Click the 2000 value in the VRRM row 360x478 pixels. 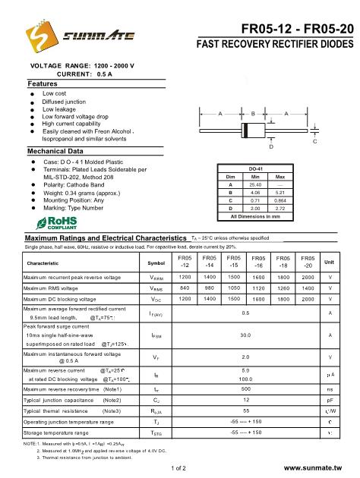(308, 278)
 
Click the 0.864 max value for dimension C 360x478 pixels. (279, 200)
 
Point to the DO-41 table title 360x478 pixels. (255, 168)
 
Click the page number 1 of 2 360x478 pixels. (180, 470)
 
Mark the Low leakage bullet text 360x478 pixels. (58, 109)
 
